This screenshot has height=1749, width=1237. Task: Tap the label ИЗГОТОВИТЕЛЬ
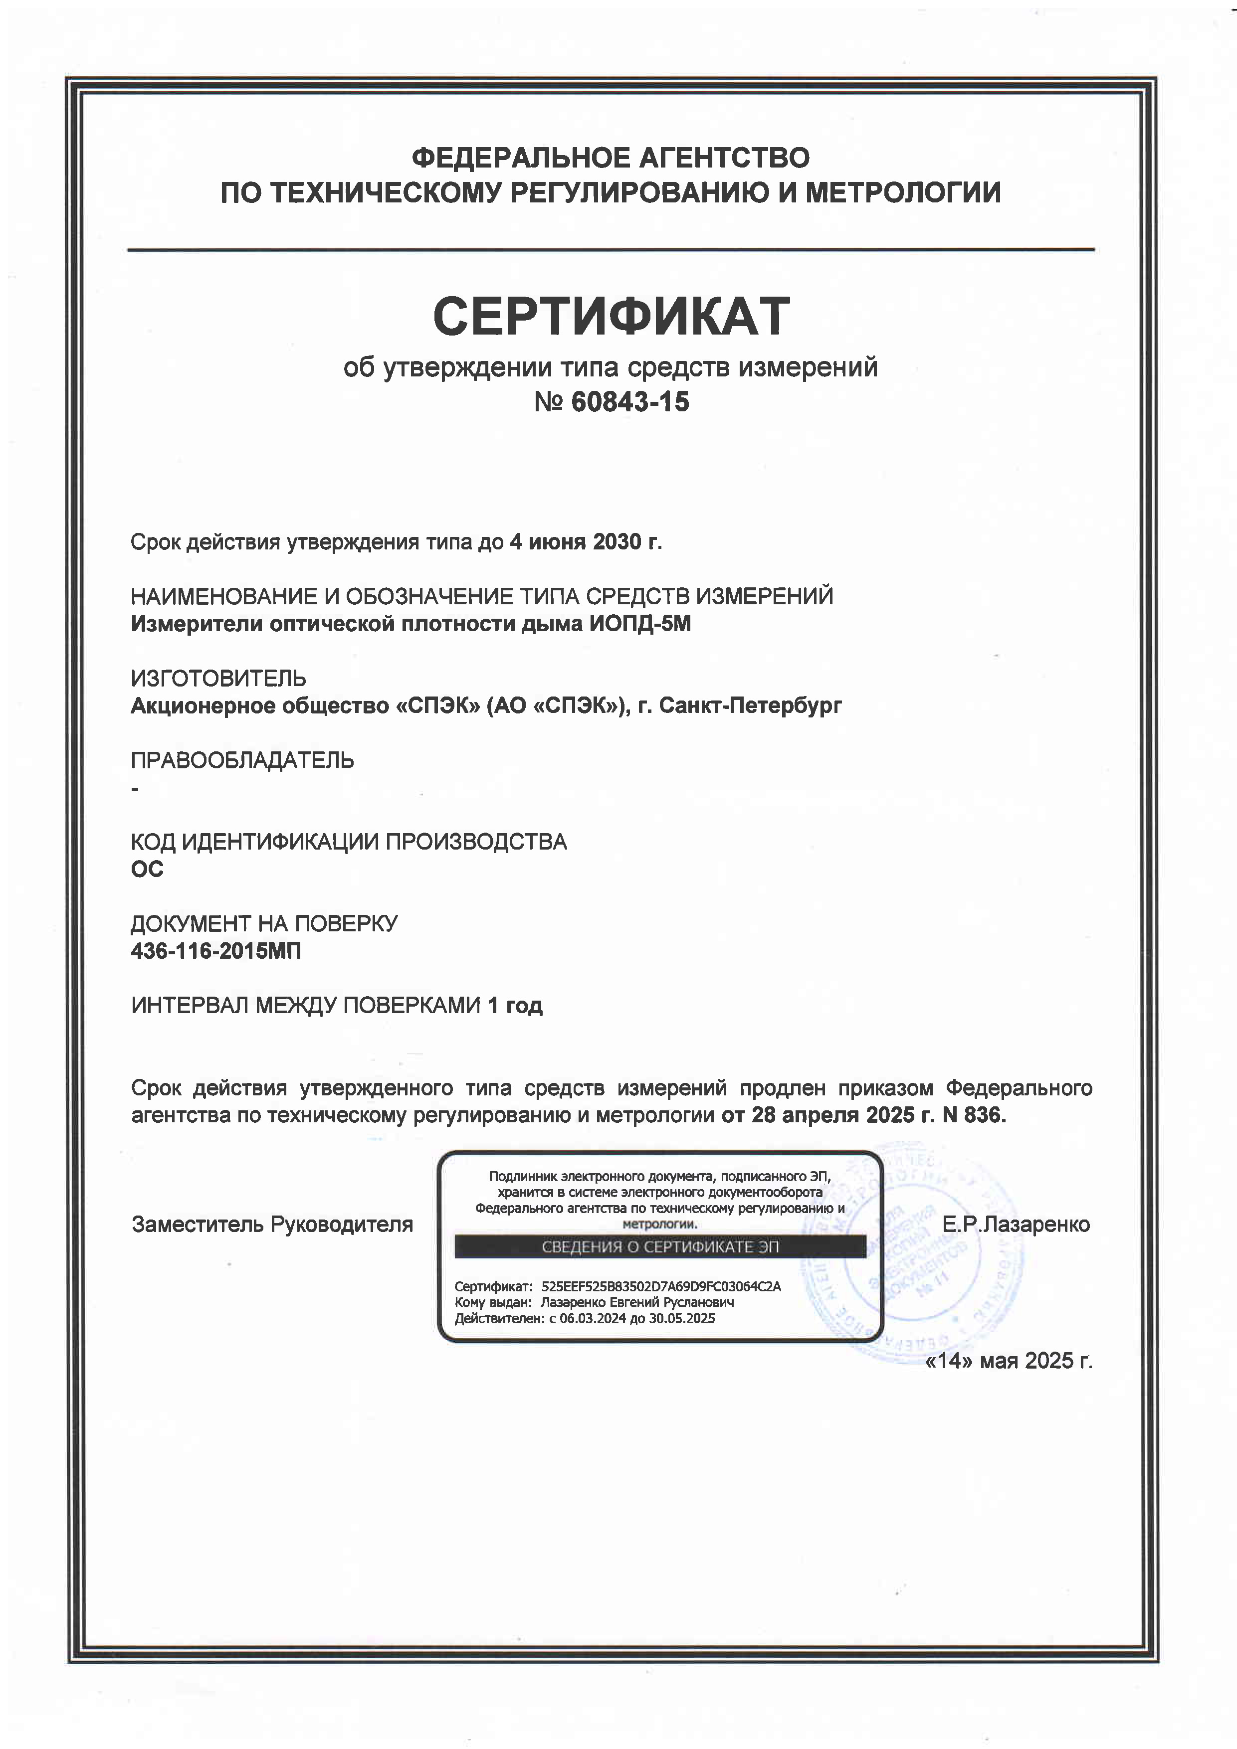(219, 678)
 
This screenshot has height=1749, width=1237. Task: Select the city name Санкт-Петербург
(750, 705)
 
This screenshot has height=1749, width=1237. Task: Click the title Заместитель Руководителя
(272, 1224)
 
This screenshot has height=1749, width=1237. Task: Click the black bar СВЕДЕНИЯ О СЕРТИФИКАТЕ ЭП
(660, 1246)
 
